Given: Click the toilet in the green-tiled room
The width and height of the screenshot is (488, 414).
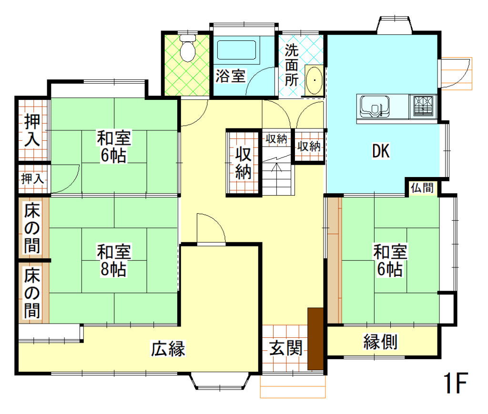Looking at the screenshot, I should (x=188, y=48).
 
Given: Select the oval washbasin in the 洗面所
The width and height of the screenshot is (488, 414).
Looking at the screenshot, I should (x=314, y=80).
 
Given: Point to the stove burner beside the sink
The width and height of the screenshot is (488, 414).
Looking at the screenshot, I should (x=424, y=106).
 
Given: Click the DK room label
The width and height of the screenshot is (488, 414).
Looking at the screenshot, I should (x=381, y=152).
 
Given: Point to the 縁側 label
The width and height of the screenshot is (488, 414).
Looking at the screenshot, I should (x=381, y=341).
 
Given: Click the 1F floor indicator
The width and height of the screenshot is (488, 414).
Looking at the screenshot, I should (x=456, y=384).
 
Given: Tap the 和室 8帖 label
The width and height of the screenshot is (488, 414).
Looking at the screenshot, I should (x=114, y=260).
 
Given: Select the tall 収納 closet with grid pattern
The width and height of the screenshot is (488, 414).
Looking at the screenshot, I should (x=244, y=163).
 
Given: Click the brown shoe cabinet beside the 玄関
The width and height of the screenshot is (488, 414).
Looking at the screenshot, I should (x=315, y=338).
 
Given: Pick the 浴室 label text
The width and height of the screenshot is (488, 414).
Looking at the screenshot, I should (x=231, y=76).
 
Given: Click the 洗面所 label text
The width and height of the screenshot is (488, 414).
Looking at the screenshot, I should (x=292, y=65).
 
